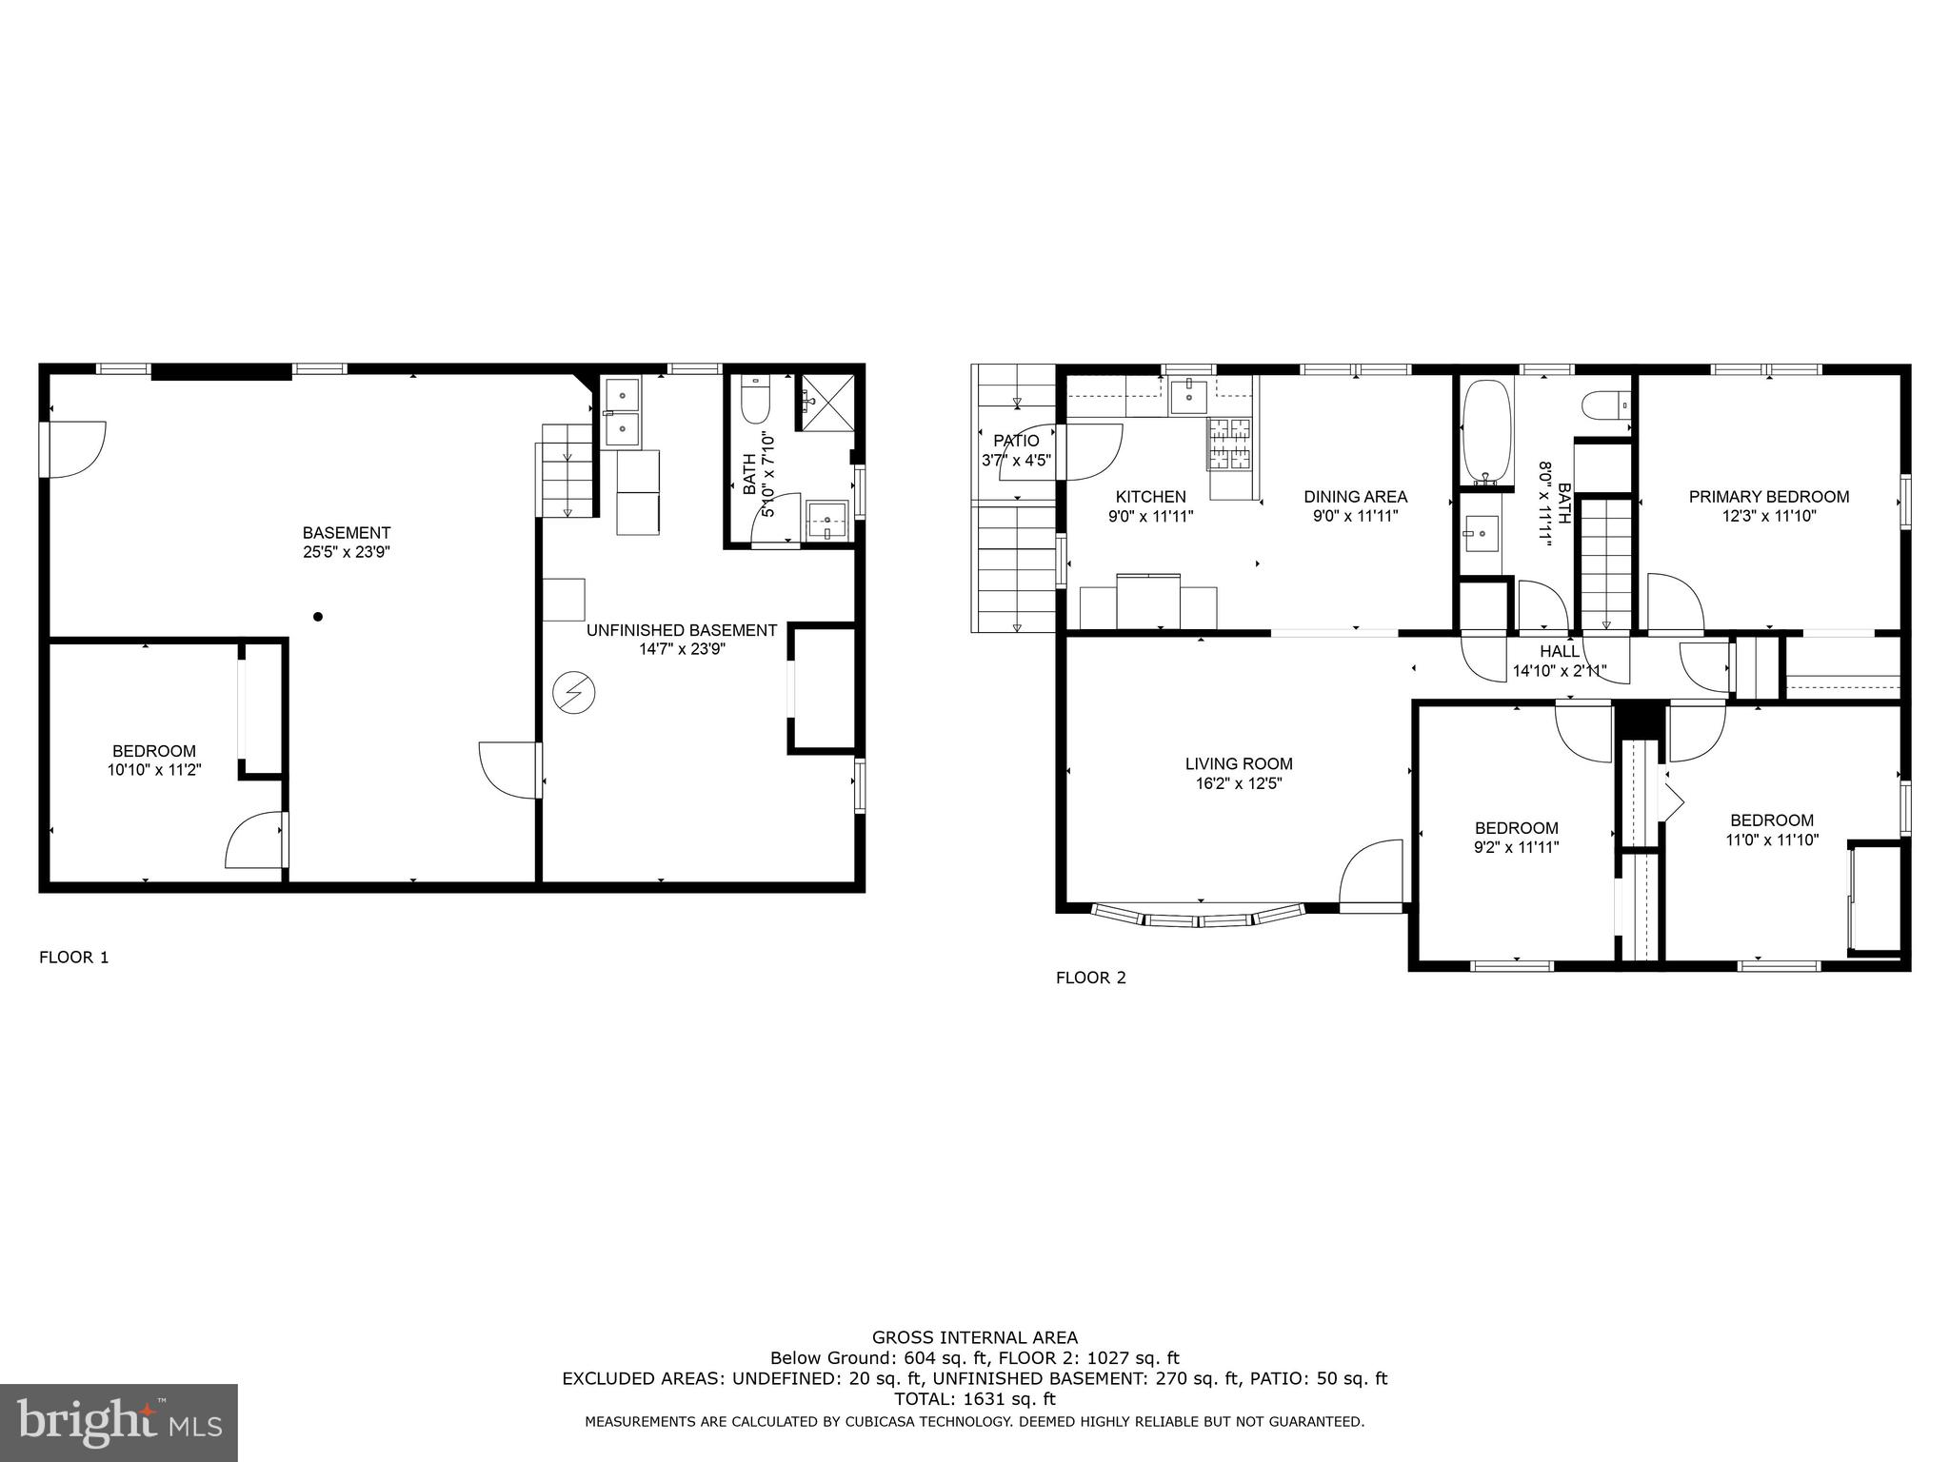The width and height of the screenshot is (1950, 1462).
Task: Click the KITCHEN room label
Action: [1150, 497]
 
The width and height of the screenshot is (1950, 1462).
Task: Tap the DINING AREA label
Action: [1355, 497]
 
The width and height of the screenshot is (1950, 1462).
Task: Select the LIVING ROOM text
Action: [1239, 763]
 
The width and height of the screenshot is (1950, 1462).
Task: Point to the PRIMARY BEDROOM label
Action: [1769, 497]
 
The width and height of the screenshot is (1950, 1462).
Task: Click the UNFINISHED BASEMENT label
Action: [682, 630]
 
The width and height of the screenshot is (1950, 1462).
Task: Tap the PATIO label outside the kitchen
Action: [1016, 441]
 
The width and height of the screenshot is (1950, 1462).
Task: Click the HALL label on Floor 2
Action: [1560, 652]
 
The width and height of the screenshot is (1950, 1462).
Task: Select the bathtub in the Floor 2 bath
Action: [1485, 429]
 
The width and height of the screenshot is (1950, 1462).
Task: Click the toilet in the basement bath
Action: [754, 401]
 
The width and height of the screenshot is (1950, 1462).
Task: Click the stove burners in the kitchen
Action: [1229, 444]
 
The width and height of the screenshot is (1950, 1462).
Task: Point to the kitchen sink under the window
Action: [1188, 396]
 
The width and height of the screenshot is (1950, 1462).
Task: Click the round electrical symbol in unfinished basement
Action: [573, 693]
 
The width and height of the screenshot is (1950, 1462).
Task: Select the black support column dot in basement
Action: [318, 617]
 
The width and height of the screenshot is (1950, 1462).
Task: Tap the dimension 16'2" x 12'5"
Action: [1239, 784]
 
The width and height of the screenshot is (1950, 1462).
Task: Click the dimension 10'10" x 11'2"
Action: [154, 770]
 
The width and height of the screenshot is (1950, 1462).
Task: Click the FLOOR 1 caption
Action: [74, 958]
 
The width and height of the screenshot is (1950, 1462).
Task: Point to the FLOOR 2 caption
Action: [1091, 978]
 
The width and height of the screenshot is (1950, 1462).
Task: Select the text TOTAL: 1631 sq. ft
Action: [974, 1399]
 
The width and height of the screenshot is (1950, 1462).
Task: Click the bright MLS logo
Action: [118, 1422]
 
